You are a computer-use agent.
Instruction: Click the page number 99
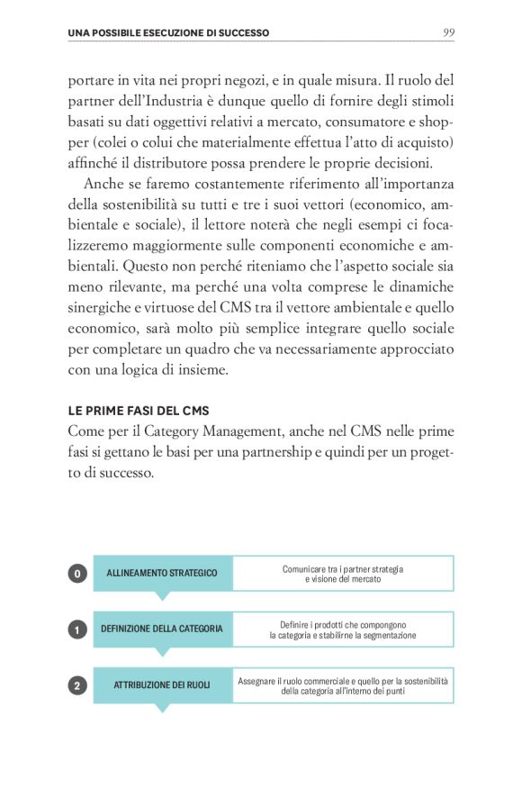pyautogui.click(x=447, y=32)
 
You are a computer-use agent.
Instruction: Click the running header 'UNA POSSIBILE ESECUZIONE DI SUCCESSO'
pyautogui.click(x=168, y=33)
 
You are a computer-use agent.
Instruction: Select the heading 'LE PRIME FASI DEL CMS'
pyautogui.click(x=139, y=411)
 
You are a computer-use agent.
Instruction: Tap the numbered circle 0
pyautogui.click(x=77, y=573)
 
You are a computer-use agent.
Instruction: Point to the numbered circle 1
pyautogui.click(x=77, y=629)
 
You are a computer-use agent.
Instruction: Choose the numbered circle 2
pyautogui.click(x=77, y=685)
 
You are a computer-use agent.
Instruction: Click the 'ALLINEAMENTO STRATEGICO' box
pyautogui.click(x=162, y=574)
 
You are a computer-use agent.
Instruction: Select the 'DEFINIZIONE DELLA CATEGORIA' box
pyautogui.click(x=162, y=629)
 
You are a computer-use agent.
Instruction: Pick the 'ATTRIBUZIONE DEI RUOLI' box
pyautogui.click(x=162, y=685)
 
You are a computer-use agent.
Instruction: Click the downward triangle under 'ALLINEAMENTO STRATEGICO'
pyautogui.click(x=162, y=596)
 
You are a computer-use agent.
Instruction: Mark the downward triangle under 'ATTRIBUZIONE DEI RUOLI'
pyautogui.click(x=162, y=708)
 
